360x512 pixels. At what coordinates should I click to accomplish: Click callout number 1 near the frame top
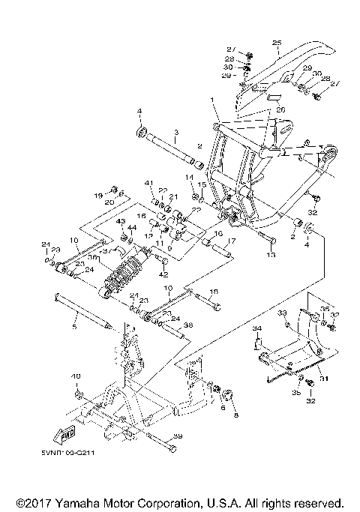pos(212,100)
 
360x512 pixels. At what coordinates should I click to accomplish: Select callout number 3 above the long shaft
pos(175,133)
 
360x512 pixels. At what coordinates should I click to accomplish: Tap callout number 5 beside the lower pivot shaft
pos(74,327)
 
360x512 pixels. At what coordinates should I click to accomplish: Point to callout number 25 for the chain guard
pos(275,43)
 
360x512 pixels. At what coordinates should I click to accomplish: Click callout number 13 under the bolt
pos(270,255)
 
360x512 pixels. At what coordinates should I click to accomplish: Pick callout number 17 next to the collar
pos(232,241)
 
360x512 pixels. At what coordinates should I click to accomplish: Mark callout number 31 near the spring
pos(325,379)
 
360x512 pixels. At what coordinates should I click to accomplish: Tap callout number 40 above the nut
pos(75,376)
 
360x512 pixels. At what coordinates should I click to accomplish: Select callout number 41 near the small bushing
pos(149,184)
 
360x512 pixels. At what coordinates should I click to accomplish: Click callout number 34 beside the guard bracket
pos(256,328)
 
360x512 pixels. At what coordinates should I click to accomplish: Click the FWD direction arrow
pos(65,433)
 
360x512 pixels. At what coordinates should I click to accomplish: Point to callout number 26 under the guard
pos(281,109)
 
